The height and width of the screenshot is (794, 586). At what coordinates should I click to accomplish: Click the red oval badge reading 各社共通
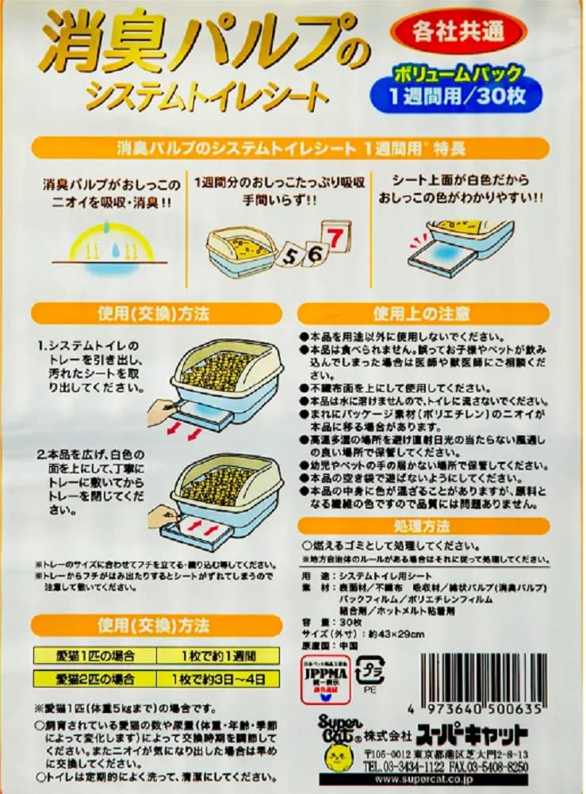458,33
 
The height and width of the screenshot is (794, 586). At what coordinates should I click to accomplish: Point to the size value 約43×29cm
395,634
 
